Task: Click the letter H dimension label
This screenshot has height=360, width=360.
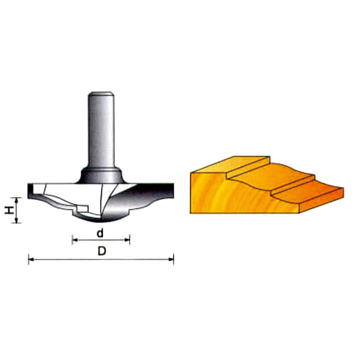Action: [8, 210]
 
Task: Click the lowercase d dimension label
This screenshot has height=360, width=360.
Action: [100, 233]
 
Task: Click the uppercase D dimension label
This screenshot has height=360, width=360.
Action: [102, 251]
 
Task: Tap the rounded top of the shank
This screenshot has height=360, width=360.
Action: [101, 94]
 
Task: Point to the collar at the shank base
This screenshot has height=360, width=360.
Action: [101, 175]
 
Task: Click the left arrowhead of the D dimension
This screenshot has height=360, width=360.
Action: [31, 259]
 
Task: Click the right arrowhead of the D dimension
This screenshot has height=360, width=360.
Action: [171, 259]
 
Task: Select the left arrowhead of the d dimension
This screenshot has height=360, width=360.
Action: [75, 240]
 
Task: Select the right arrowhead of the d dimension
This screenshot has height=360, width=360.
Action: [127, 240]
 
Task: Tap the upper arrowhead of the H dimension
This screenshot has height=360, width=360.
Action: [16, 200]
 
